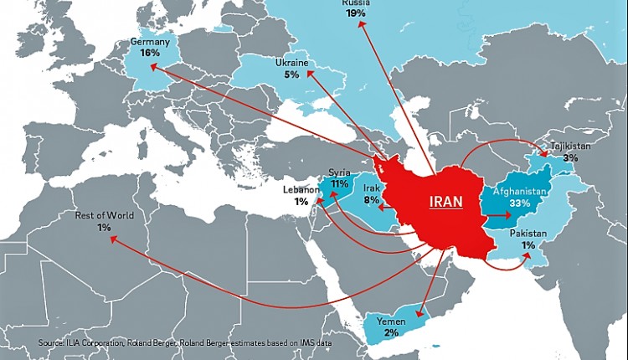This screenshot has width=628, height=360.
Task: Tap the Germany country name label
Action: tap(151, 41)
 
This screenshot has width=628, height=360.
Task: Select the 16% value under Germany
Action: tap(151, 53)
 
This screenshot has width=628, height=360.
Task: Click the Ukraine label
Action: tap(291, 63)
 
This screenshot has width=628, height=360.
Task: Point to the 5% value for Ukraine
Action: tap(291, 75)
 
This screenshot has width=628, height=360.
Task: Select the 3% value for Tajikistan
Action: tap(570, 157)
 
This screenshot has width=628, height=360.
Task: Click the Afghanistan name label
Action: tap(519, 192)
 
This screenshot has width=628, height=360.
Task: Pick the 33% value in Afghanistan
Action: tap(519, 203)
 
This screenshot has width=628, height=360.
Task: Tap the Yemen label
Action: tap(392, 321)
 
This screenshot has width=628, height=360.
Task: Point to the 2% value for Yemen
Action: tap(392, 333)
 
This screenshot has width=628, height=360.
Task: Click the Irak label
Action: tap(372, 189)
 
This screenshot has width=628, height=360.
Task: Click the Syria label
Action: tap(339, 172)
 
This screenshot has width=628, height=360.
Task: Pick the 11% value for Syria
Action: tap(339, 183)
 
